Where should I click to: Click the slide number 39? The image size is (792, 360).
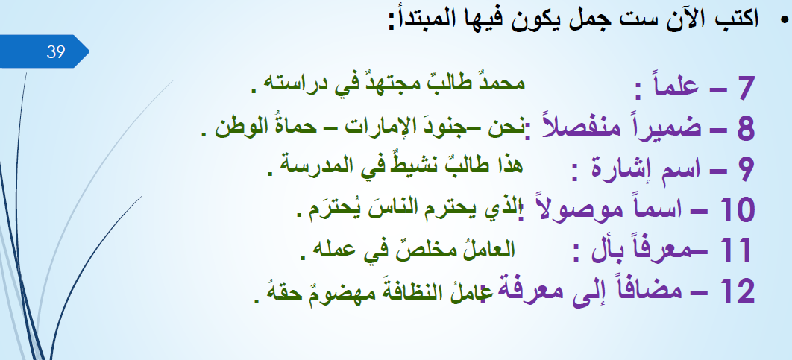[x=56, y=51]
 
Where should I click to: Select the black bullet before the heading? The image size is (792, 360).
[x=783, y=20]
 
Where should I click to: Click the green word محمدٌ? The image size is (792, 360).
[x=498, y=82]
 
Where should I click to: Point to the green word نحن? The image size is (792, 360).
[x=511, y=127]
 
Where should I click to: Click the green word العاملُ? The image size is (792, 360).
[x=488, y=249]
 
